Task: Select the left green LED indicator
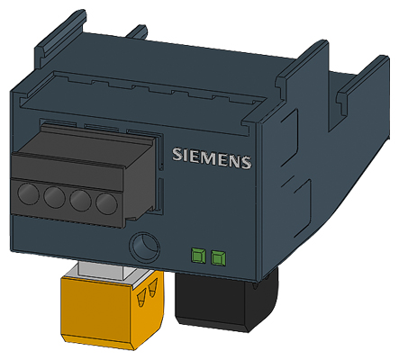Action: (198, 258)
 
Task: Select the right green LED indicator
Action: (216, 259)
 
